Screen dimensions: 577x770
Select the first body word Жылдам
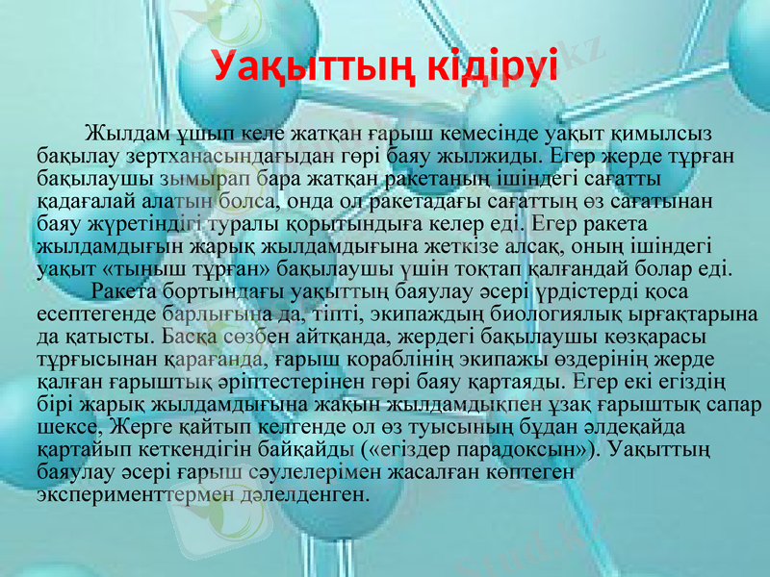tap(118, 132)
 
